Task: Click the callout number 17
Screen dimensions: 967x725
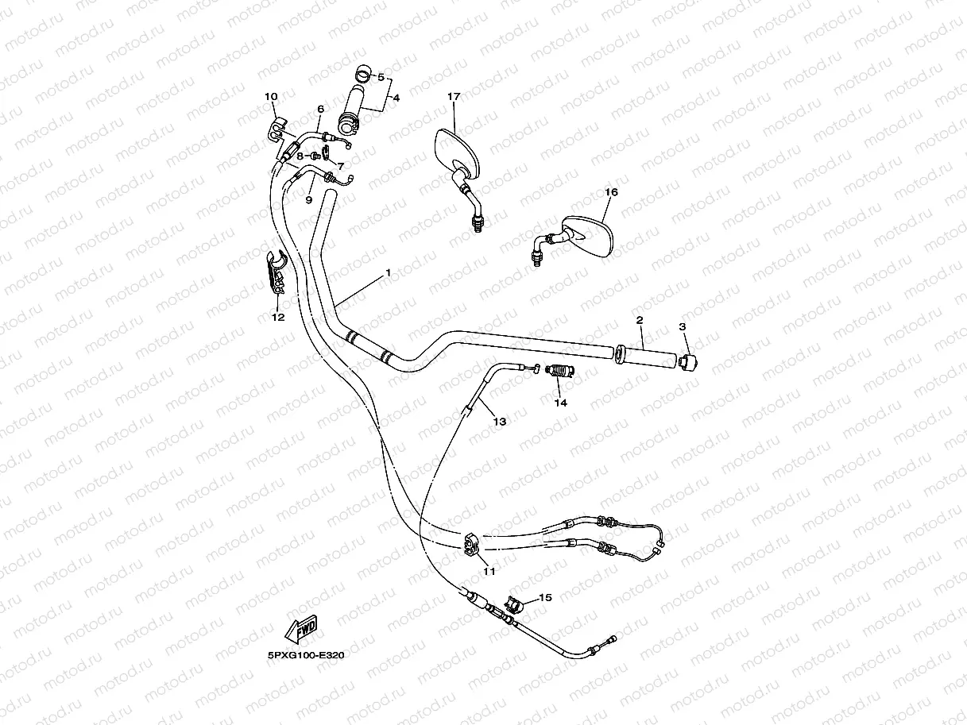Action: [454, 97]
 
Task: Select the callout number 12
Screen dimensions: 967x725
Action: [277, 318]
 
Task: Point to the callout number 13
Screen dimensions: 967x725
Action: [499, 422]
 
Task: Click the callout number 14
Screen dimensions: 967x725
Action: [561, 403]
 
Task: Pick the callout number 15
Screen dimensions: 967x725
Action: [544, 597]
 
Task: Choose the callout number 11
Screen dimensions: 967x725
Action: [489, 570]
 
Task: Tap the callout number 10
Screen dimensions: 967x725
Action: [271, 97]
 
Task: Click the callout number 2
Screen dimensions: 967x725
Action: [639, 320]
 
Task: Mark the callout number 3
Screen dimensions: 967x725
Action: [682, 326]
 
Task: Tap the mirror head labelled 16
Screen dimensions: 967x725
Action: [590, 235]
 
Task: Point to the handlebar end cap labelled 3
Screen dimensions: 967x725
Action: [689, 361]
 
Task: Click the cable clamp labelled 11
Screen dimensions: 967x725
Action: [470, 543]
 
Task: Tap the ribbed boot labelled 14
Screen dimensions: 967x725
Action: [562, 370]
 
